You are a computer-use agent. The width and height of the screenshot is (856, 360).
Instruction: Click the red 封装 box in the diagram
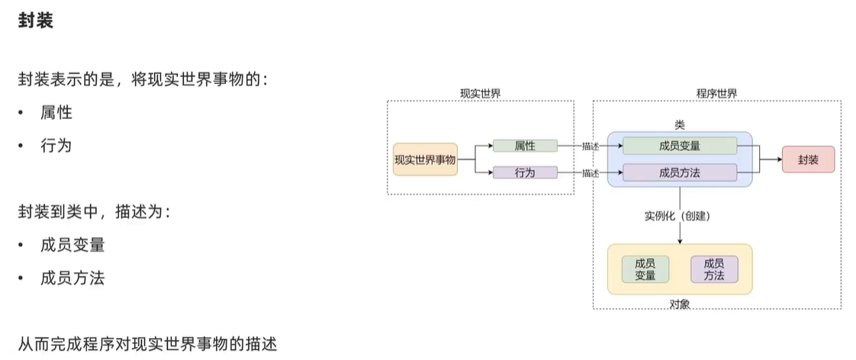pos(808,159)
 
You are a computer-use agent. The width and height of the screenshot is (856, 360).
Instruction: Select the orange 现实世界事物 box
pos(425,159)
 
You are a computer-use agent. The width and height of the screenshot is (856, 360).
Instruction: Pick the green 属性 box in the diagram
pos(525,146)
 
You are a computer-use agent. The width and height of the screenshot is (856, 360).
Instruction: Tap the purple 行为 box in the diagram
pos(525,173)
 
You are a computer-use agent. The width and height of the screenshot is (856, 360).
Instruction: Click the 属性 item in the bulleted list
pos(56,113)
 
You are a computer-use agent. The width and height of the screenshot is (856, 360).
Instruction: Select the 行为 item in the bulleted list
pos(56,146)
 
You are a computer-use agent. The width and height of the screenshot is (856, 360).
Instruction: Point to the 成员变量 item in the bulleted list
pos(72,245)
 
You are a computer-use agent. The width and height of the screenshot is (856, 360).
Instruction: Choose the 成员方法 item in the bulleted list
pos(72,278)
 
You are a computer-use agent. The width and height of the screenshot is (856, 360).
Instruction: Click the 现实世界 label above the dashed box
pos(481,93)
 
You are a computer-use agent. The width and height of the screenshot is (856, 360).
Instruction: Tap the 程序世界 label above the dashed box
pos(716,93)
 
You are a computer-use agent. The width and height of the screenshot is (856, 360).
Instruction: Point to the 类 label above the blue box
pos(680,125)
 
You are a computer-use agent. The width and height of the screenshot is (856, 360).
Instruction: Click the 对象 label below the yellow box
pos(680,304)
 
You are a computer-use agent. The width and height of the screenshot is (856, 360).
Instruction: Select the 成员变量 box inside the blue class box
pos(680,146)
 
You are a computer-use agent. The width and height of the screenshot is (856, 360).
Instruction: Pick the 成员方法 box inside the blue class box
pos(680,173)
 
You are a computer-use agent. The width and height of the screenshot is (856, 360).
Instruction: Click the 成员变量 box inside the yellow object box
pos(645,269)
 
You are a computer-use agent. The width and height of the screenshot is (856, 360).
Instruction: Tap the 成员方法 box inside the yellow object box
pos(714,269)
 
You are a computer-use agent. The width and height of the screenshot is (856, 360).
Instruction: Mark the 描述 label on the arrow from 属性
pos(591,146)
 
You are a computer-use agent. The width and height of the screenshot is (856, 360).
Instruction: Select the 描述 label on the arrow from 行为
pos(591,173)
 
